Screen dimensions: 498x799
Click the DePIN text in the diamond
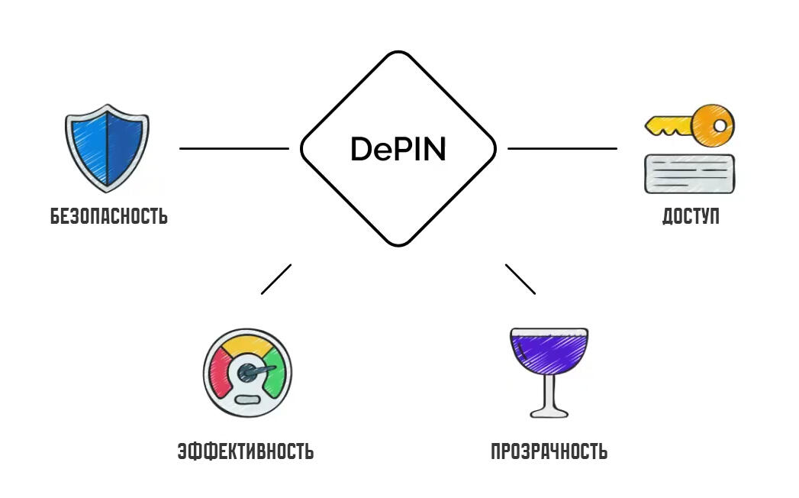[398, 149]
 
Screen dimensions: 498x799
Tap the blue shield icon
[107, 148]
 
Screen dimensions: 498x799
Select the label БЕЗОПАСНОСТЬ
[109, 216]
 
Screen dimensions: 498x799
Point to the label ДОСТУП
[690, 216]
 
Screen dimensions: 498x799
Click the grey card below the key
[689, 173]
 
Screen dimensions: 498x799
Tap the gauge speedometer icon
[247, 373]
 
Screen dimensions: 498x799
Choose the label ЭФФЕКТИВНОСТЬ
[245, 451]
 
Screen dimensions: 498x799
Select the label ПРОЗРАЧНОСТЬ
[549, 451]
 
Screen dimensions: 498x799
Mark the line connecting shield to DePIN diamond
[234, 148]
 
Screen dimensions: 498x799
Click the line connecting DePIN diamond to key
[562, 148]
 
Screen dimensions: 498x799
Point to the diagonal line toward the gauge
[275, 279]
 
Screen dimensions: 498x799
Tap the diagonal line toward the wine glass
[520, 279]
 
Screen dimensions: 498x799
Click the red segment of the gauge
[221, 372]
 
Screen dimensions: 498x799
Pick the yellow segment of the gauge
[247, 348]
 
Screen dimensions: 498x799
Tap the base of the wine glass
[549, 412]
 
